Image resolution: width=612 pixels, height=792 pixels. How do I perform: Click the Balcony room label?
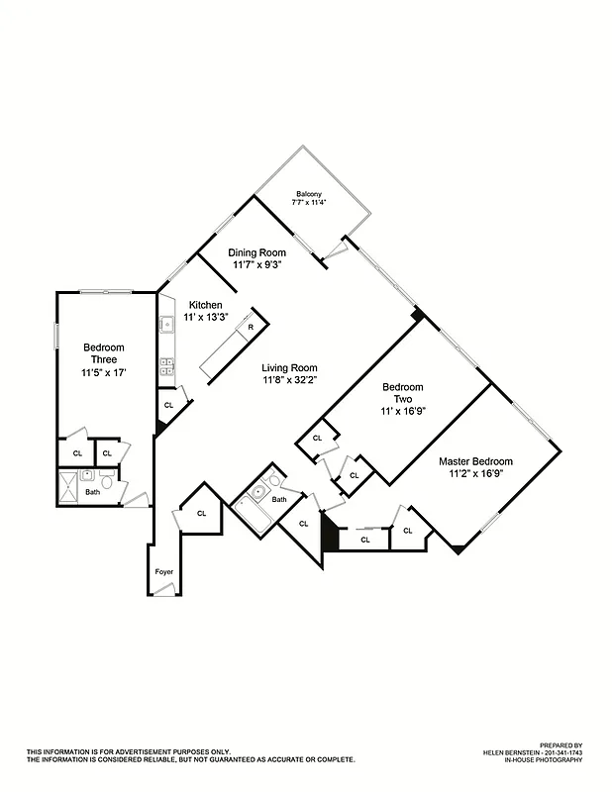(309, 193)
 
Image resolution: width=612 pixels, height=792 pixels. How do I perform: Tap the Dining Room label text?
(257, 252)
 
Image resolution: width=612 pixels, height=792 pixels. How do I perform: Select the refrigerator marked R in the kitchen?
(251, 327)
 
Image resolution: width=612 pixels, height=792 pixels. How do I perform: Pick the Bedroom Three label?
(103, 353)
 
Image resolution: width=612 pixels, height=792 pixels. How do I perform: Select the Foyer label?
(164, 572)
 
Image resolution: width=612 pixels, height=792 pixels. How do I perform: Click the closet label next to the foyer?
(201, 513)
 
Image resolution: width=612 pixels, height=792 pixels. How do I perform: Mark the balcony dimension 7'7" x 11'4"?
(309, 202)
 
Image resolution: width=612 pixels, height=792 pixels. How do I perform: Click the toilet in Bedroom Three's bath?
(106, 487)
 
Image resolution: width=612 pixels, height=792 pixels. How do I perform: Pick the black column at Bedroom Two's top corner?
(418, 315)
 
